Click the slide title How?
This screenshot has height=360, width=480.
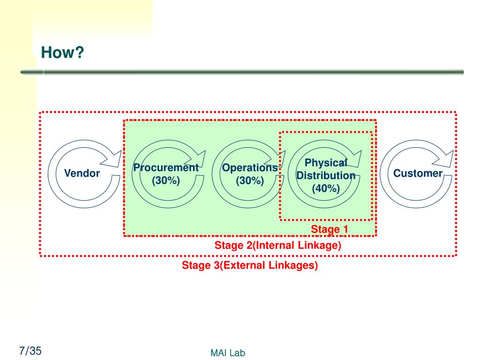[x=62, y=52]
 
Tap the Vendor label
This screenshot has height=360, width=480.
[x=82, y=173]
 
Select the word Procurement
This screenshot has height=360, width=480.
[x=166, y=167]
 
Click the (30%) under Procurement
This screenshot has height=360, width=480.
[x=166, y=180]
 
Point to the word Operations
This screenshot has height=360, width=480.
[x=250, y=168]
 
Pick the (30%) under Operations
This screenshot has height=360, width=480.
[x=250, y=180]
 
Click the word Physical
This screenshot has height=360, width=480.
[x=326, y=163]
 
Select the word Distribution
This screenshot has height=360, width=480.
[x=326, y=175]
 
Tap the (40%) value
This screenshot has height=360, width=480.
[x=326, y=188]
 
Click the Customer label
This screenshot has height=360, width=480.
[x=418, y=173]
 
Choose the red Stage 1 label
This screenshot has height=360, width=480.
[x=330, y=229]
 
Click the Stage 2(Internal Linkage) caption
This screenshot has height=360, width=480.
[x=278, y=245]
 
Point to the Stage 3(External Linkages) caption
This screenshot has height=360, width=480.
[x=250, y=265]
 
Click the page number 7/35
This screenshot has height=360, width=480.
[x=30, y=351]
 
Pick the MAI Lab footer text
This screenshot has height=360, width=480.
[x=228, y=352]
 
